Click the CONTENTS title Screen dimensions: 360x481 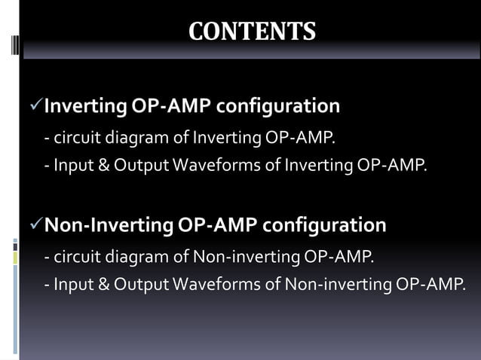point(251,32)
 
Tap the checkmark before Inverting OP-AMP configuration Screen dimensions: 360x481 point(35,107)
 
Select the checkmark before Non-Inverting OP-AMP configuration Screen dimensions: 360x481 point(35,225)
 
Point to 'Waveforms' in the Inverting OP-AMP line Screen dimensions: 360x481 point(207,165)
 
